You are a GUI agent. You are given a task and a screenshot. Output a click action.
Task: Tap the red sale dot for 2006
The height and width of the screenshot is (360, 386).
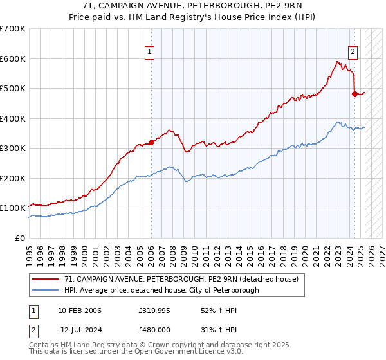coord(151,142)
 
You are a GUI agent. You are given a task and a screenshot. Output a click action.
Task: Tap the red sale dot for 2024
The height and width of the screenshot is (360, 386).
coord(354,94)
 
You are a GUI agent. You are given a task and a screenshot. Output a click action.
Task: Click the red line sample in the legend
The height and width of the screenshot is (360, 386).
coord(46,280)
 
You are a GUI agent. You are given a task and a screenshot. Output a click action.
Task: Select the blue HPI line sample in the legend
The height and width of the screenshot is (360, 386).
coord(46,290)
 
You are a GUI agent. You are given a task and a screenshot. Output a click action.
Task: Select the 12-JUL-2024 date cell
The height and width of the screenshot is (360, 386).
coord(80,328)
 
